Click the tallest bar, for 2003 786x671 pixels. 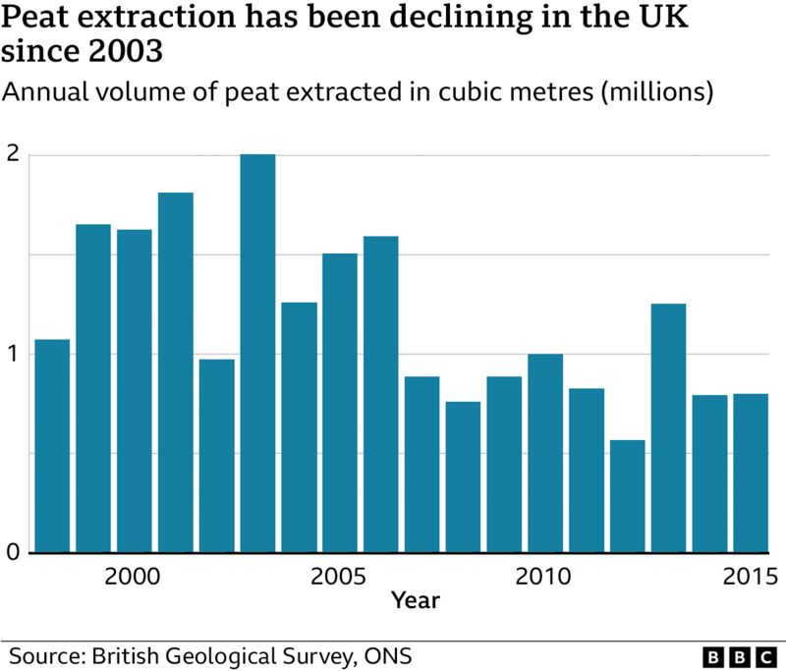click(x=257, y=354)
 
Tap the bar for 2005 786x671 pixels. click(x=340, y=403)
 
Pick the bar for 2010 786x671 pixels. click(x=545, y=453)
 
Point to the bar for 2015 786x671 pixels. click(x=751, y=473)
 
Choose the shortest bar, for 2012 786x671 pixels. click(x=627, y=496)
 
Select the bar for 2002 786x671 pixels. click(x=216, y=456)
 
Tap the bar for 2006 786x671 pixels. click(x=381, y=394)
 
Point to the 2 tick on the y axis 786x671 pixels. click(x=14, y=155)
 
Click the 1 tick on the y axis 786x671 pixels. click(x=14, y=354)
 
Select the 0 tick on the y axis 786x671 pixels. click(x=14, y=552)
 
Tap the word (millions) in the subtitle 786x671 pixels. click(x=656, y=93)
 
